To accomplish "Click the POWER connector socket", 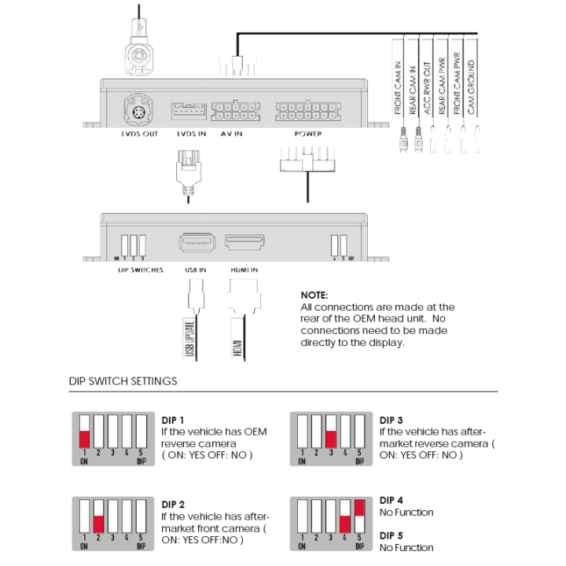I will [x=307, y=111].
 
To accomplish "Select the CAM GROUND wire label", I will [x=471, y=88].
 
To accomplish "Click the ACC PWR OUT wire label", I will [x=427, y=88].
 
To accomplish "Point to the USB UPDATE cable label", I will [x=189, y=337].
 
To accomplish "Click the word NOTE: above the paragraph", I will [x=314, y=295].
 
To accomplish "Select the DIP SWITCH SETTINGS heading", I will [x=123, y=381].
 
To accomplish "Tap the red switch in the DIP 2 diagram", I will [x=98, y=522].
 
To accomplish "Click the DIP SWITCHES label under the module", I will [x=134, y=270].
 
